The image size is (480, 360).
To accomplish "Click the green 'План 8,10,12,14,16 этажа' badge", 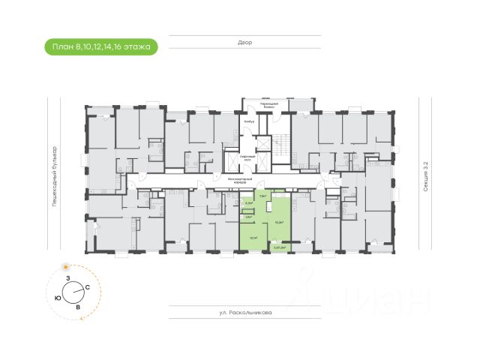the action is [x=100, y=46].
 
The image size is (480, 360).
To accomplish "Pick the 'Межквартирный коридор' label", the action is [x=237, y=181].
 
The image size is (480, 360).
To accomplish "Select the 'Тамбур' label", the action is [x=249, y=120].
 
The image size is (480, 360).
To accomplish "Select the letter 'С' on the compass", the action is [x=88, y=287].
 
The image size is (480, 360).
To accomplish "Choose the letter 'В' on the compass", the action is [x=77, y=307].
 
